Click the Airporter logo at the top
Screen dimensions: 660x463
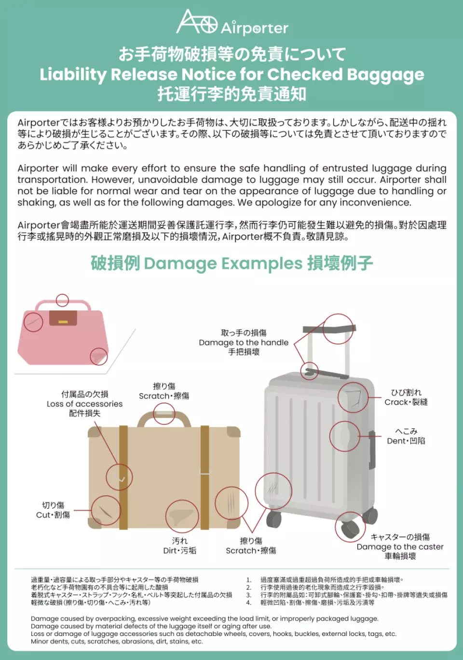coord(232,23)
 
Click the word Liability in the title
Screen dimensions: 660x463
coord(72,74)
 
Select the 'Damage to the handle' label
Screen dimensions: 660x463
coord(244,343)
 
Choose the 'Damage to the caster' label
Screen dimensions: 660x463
coord(400,547)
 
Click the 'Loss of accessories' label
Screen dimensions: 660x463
coord(84,404)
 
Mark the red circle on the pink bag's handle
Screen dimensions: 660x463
coord(62,301)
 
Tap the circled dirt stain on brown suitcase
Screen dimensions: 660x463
coord(182,516)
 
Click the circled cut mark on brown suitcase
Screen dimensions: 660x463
coord(105,510)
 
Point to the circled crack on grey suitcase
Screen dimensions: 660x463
coord(353,397)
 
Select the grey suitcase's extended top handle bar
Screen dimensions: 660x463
coord(329,330)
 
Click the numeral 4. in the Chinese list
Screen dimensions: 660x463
coord(248,602)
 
